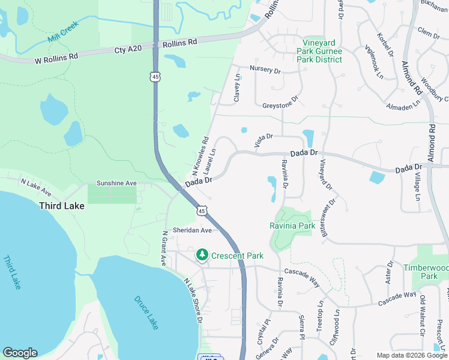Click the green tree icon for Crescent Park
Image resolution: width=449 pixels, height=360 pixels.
[x=202, y=255]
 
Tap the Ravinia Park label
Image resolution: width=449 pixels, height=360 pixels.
[x=292, y=226]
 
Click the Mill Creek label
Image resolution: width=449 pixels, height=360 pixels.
[x=63, y=35]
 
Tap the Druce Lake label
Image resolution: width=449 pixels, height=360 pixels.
[x=145, y=311]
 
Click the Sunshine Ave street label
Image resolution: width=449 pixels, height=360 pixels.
[x=116, y=183]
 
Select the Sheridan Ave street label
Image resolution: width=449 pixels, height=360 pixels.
[x=193, y=230]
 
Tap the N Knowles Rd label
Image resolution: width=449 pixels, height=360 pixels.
[x=200, y=154]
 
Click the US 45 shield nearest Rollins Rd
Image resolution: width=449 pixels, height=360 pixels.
[x=155, y=77]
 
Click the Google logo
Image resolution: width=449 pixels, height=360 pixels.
[x=20, y=353]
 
